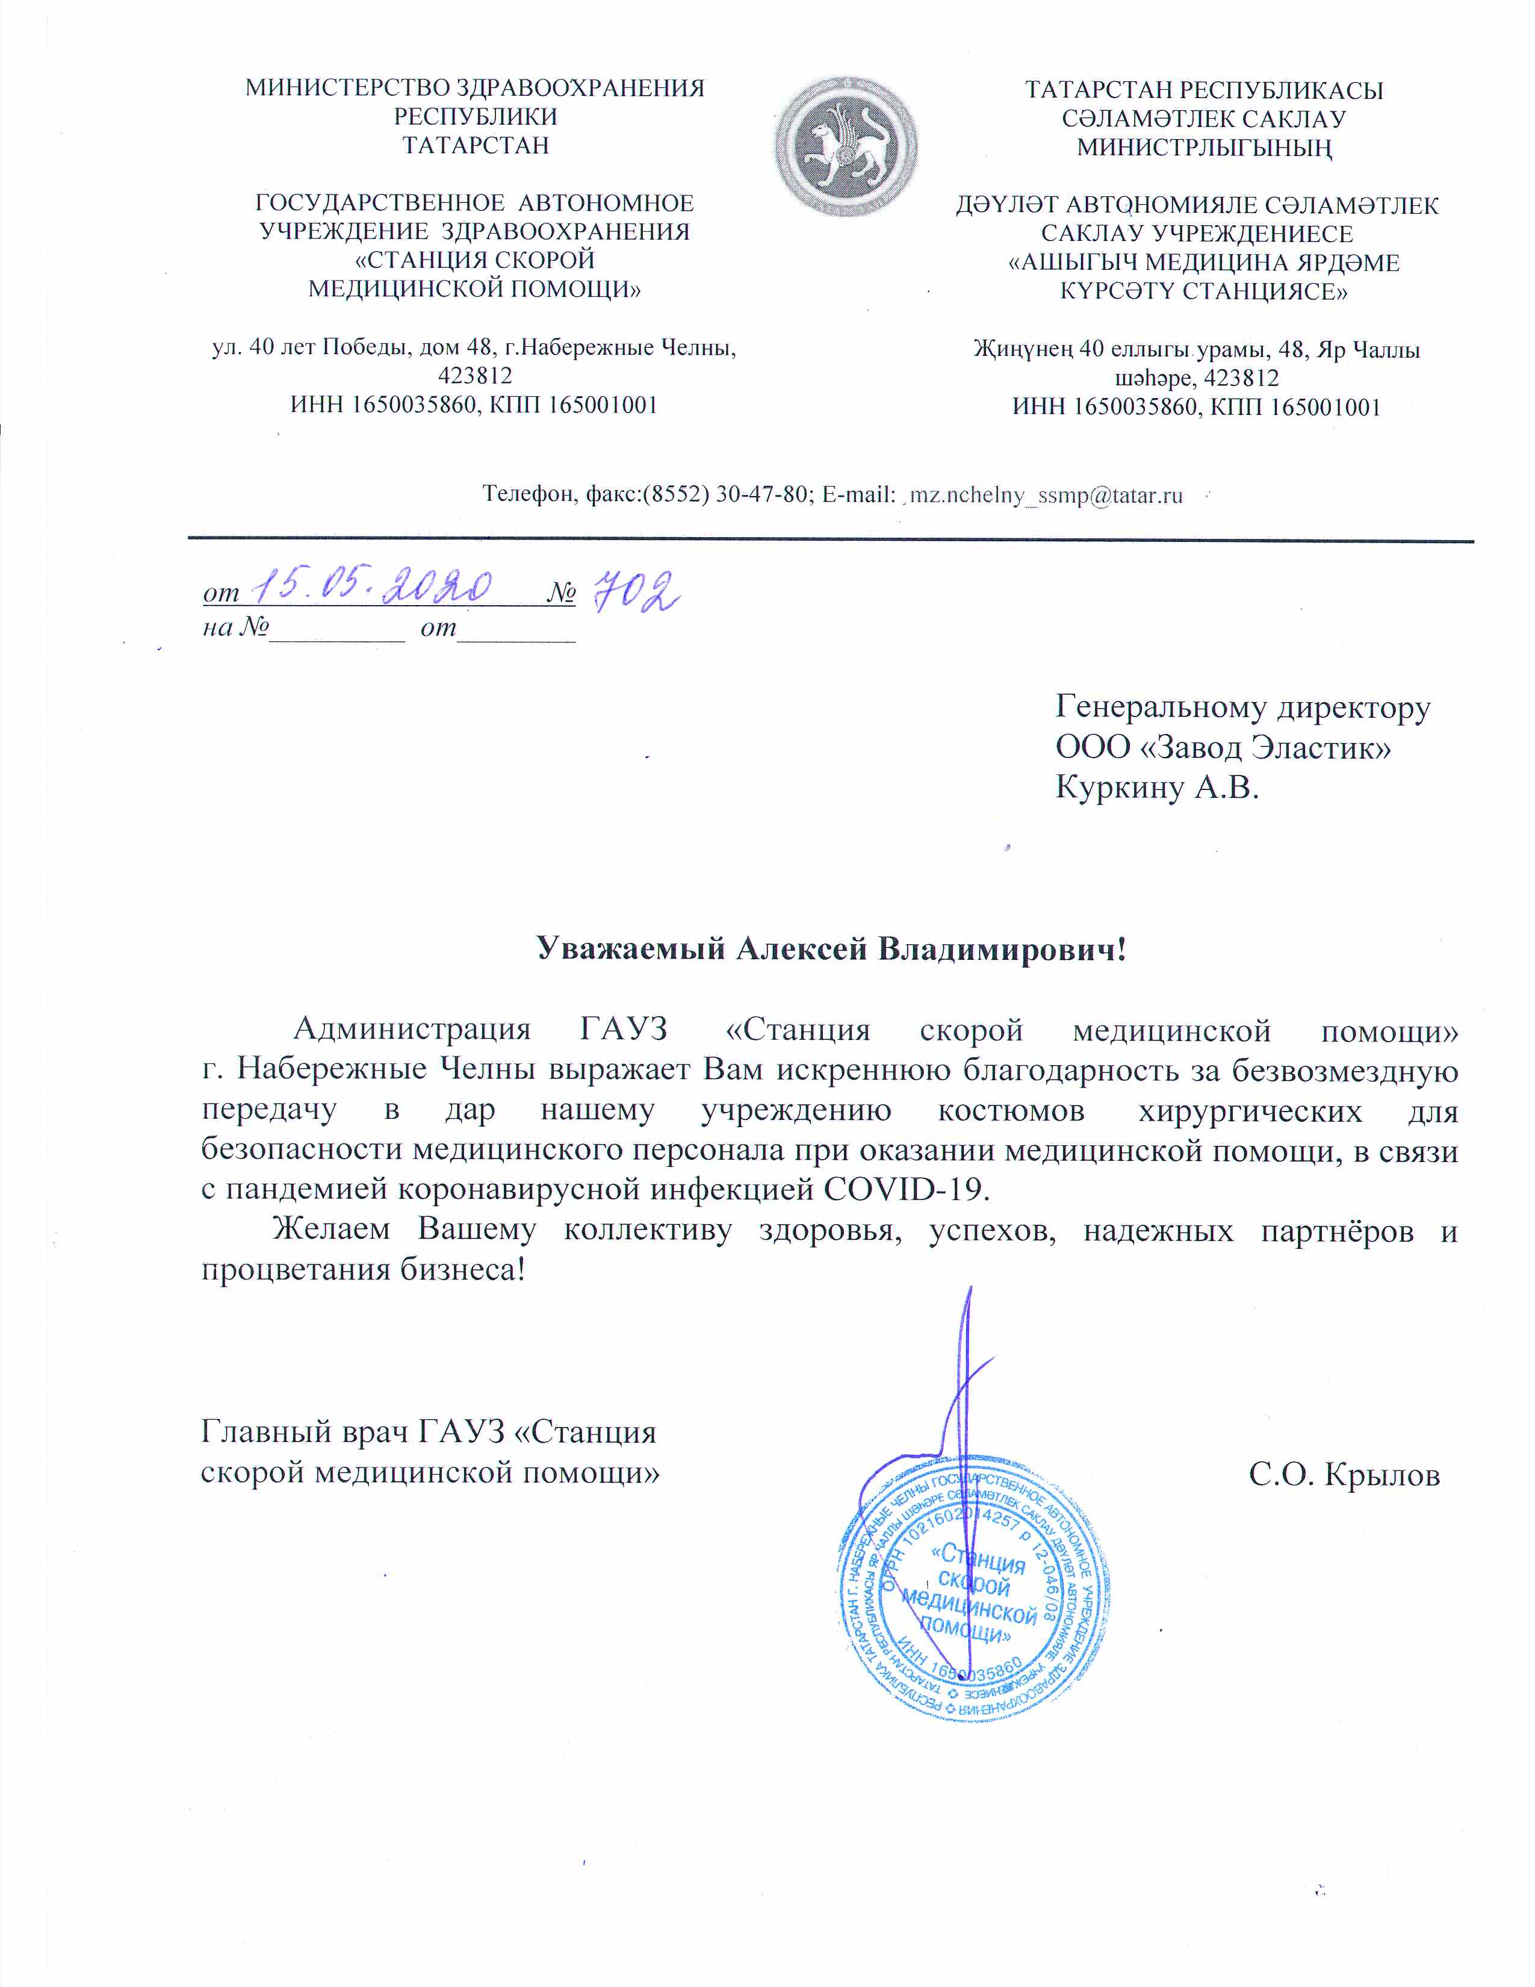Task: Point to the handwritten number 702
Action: pyautogui.click(x=636, y=591)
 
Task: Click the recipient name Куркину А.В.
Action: pyautogui.click(x=1157, y=787)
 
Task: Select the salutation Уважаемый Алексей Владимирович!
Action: pyautogui.click(x=830, y=949)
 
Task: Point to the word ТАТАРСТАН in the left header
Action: pyautogui.click(x=476, y=146)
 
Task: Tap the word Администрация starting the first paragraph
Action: pyautogui.click(x=412, y=1030)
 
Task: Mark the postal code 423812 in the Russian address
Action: pyautogui.click(x=475, y=376)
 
